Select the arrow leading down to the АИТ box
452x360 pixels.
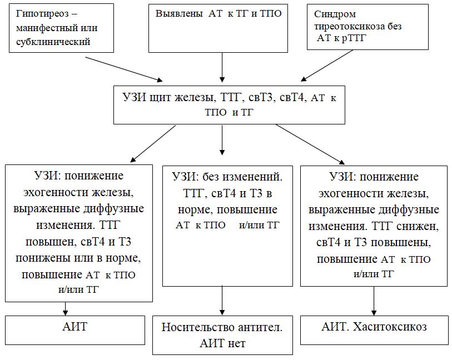66,308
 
